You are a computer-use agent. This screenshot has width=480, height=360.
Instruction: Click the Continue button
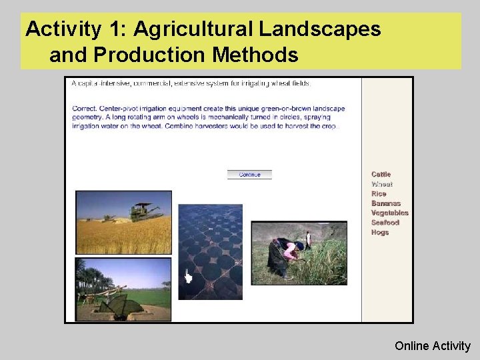point(249,175)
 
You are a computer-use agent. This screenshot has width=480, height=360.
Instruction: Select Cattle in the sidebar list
point(381,175)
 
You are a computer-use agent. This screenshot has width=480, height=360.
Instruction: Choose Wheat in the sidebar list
point(382,184)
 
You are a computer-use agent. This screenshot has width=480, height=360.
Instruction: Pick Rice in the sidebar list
point(379,194)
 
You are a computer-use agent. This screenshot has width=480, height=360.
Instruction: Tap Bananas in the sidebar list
point(386,203)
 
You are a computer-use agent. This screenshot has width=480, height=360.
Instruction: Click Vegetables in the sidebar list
point(389,213)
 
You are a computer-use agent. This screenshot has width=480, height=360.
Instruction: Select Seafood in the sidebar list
point(385,223)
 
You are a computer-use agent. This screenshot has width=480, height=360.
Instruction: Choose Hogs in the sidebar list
point(380,233)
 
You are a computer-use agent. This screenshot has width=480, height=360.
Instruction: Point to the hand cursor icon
point(188,277)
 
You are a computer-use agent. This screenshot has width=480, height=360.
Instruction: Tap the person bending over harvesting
point(288,257)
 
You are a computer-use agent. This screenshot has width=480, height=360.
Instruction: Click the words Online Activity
point(432,346)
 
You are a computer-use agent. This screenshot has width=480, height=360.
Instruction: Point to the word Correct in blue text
point(85,109)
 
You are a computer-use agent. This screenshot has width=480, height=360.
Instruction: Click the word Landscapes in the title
point(320,29)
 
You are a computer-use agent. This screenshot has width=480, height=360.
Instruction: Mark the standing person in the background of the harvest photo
point(308,238)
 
